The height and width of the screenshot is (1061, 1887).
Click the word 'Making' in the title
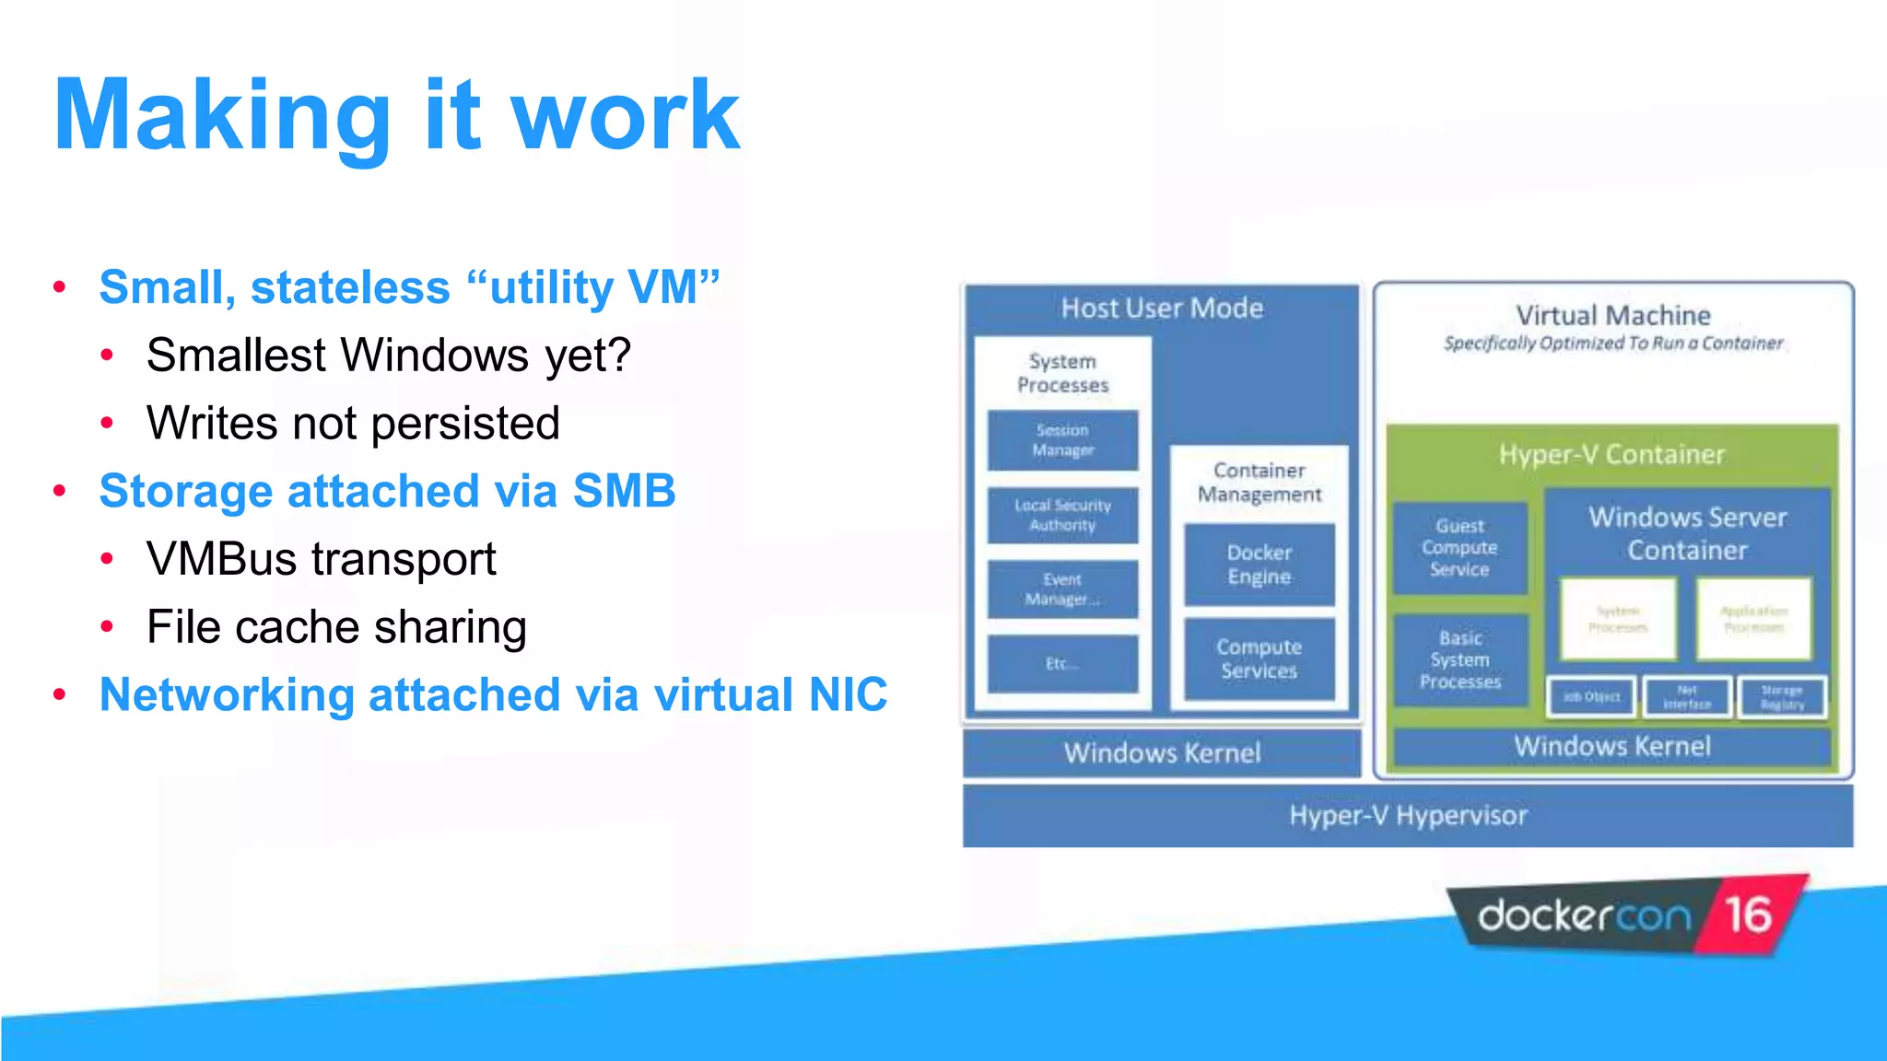(222, 116)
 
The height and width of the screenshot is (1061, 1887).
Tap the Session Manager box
(1062, 440)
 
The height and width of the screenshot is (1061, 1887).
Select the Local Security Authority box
(1062, 516)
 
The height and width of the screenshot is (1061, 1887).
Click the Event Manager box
(1062, 589)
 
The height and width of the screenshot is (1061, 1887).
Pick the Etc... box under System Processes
(1062, 663)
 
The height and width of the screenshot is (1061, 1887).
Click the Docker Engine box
(1259, 565)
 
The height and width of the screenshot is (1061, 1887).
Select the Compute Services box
(1259, 659)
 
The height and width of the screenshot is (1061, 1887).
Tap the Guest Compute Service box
(1459, 548)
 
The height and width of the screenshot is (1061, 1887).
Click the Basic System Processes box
(1459, 659)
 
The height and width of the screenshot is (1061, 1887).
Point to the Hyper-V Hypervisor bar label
(1407, 815)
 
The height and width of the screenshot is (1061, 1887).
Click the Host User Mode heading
(1161, 308)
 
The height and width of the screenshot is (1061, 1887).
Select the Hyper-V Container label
(1611, 454)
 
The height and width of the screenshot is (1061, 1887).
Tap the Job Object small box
(1591, 697)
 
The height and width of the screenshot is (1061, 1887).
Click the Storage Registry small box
(1782, 697)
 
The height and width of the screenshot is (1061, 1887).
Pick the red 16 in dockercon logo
(1748, 915)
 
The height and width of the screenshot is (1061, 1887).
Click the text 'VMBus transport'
(321, 559)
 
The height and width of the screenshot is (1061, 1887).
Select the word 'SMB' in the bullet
(624, 491)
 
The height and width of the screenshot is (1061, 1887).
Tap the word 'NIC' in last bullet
(848, 694)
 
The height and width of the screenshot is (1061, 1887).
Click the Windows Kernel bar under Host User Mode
(1161, 752)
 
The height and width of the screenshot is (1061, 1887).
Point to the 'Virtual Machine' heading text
(1612, 315)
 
